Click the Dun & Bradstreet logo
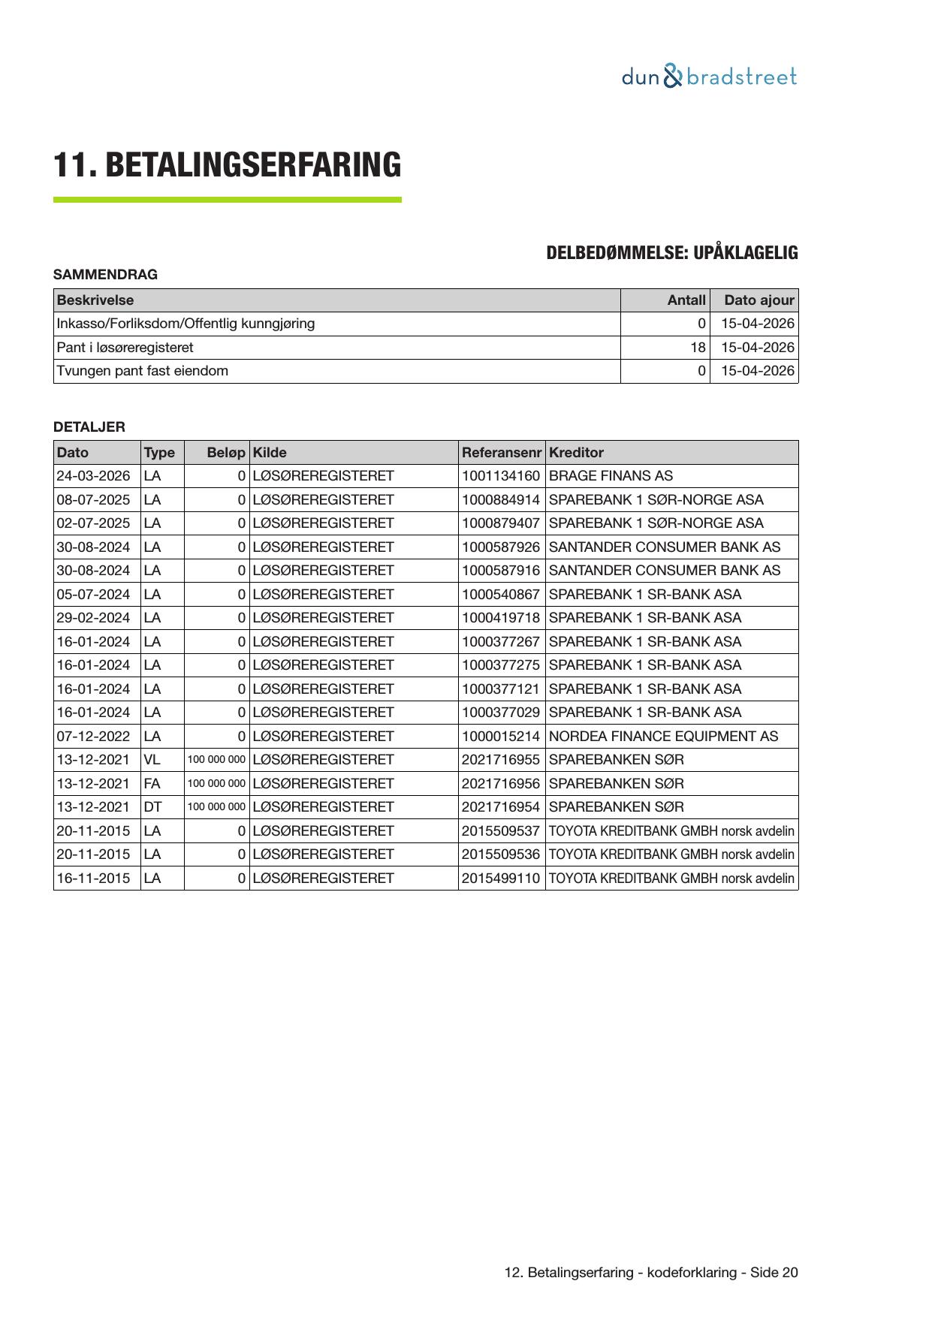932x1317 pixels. (709, 77)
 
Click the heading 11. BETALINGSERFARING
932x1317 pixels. (227, 165)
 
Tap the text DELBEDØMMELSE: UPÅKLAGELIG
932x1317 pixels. (671, 253)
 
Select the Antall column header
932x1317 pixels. (686, 300)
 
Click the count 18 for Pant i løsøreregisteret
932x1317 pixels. (698, 348)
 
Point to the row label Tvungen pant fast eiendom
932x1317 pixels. (143, 371)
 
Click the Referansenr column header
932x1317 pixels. (501, 453)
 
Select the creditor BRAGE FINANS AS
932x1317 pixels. (611, 476)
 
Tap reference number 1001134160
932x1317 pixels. (500, 476)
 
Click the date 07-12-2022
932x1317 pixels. (93, 737)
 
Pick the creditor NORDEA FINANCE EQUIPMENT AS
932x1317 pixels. (663, 737)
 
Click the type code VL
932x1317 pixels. (152, 760)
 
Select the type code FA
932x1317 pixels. (152, 784)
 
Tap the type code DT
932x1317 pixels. (152, 807)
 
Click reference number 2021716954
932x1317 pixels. (500, 807)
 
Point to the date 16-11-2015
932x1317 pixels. (93, 879)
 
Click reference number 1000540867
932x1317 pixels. (500, 595)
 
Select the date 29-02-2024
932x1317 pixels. (93, 618)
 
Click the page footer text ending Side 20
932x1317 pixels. (651, 1273)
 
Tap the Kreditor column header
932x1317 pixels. (576, 453)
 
